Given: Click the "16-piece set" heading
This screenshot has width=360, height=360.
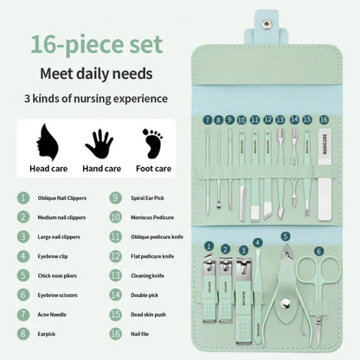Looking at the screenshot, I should [x=93, y=42].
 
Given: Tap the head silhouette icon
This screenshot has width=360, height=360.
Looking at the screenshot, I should [x=43, y=141].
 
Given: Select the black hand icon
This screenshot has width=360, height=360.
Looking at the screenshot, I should [x=98, y=142].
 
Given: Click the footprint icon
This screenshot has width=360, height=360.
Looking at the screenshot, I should [x=152, y=142].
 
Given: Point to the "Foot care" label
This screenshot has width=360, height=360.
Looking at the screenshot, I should [x=153, y=169].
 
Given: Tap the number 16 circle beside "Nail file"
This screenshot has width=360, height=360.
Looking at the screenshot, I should [x=115, y=331].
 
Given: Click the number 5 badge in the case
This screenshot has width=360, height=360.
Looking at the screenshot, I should [x=286, y=236].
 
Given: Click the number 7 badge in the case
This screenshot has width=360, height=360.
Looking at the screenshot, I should [x=208, y=119].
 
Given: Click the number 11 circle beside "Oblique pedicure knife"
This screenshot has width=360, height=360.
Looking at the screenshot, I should [x=115, y=235].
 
